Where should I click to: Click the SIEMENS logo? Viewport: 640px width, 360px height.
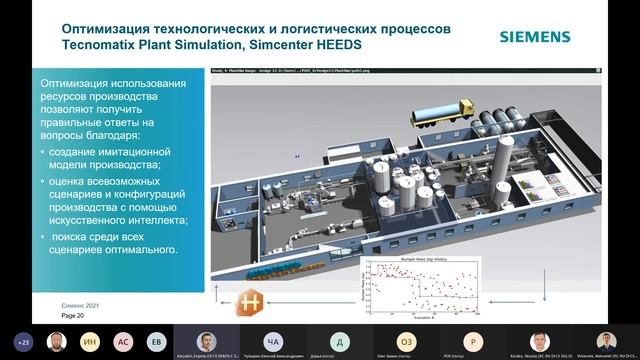(535, 37)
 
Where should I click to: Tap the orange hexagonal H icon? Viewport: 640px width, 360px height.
(252, 301)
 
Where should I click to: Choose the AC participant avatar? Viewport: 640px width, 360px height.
(123, 340)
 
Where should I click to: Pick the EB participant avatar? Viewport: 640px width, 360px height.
(156, 340)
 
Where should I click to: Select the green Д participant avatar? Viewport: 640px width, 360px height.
(340, 340)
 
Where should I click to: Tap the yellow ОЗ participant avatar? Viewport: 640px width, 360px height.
(406, 340)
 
